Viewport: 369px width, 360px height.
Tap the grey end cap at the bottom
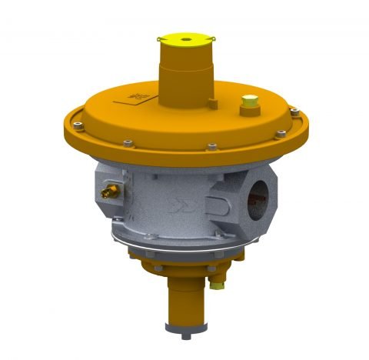click(188, 322)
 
